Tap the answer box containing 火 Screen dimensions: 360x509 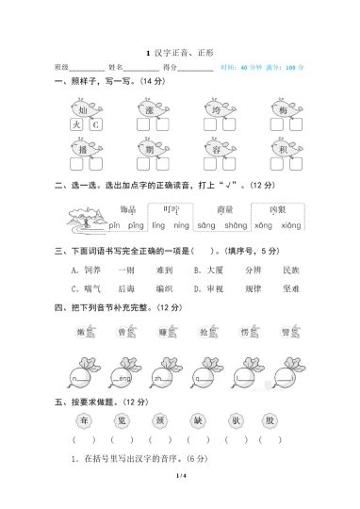(76, 125)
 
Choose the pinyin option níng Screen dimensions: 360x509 (182, 226)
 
